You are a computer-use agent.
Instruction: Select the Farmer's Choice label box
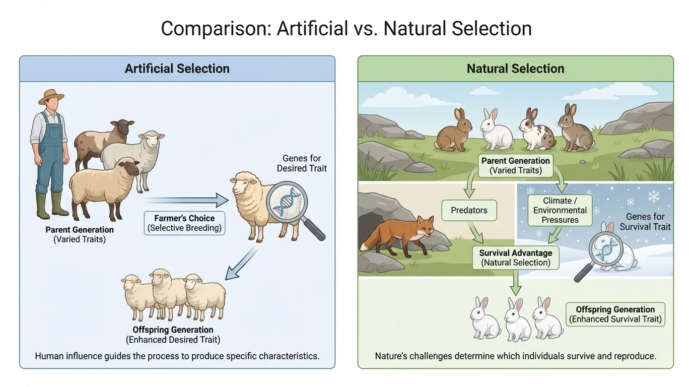pos(184,223)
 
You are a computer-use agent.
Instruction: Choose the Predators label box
pos(469,210)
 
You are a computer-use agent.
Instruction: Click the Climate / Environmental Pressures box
pos(560,210)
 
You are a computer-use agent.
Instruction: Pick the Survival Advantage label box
pos(516,257)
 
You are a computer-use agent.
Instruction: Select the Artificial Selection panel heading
pos(177,69)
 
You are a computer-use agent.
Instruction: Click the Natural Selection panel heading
pos(515,69)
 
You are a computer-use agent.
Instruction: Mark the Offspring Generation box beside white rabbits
pos(615,314)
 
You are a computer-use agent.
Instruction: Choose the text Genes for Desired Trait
pos(302,163)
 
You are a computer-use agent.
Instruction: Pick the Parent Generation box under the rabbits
pos(515,165)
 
